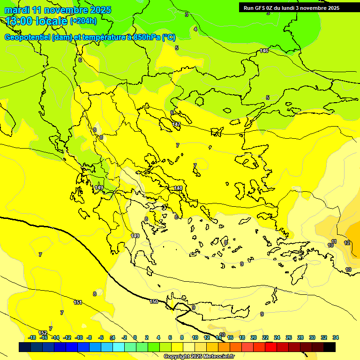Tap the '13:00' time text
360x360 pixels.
(18, 21)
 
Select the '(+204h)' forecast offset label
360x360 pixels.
(83, 21)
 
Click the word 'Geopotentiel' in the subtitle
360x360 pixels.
(27, 37)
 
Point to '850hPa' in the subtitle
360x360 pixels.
(147, 37)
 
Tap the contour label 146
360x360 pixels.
(264, 51)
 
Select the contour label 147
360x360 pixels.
(176, 124)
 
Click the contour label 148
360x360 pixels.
(178, 188)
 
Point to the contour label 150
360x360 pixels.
(154, 301)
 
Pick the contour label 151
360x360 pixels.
(78, 302)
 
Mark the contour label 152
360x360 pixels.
(43, 333)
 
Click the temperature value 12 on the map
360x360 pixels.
(347, 243)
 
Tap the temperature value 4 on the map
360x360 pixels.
(195, 29)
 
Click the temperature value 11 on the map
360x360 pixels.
(334, 241)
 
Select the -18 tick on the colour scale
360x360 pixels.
(32, 337)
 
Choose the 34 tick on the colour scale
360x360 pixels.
(335, 337)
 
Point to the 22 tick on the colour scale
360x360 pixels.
(265, 337)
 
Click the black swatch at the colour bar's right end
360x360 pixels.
(330, 347)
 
